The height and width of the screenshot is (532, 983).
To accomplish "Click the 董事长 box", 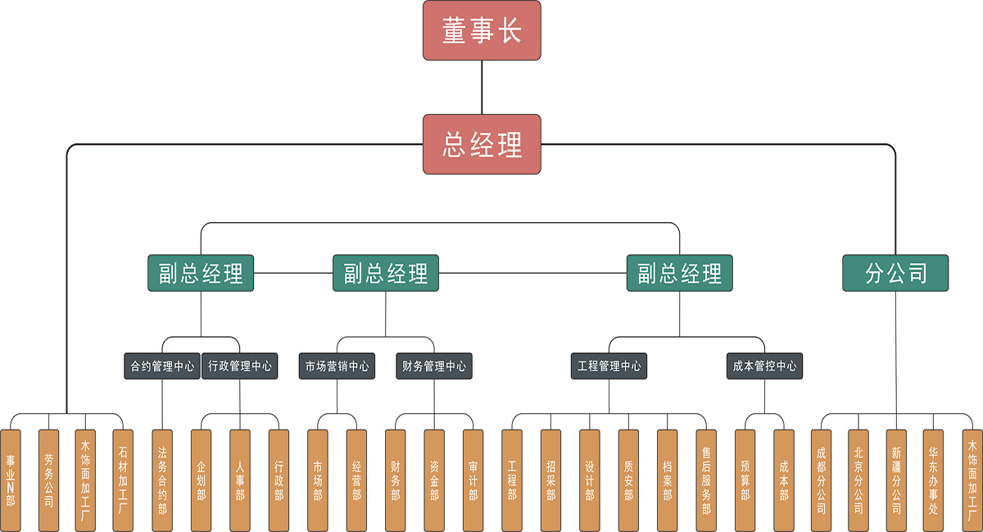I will click(x=482, y=30).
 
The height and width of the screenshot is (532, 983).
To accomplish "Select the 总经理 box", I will click(x=482, y=144).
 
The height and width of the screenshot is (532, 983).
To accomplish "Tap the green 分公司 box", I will click(x=895, y=273).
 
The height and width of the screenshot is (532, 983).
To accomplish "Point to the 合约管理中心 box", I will click(x=162, y=366).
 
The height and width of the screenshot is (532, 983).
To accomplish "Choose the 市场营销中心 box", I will click(x=337, y=366).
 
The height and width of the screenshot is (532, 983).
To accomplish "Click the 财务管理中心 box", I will click(x=433, y=366).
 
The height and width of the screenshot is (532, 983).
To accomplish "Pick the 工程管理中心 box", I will click(x=609, y=366).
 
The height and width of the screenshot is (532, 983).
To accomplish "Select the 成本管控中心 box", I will click(x=764, y=366).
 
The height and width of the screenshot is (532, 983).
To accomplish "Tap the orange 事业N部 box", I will click(x=11, y=480).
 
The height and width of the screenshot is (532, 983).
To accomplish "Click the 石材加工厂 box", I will click(x=123, y=480).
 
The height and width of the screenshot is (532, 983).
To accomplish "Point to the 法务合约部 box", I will click(x=162, y=480).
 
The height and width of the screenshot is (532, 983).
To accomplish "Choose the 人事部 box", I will click(x=240, y=480).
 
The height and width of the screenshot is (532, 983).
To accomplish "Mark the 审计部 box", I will click(x=473, y=480).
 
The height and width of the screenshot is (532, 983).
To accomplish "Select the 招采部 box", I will click(x=550, y=480).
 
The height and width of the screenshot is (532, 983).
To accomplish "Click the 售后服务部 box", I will click(x=706, y=480).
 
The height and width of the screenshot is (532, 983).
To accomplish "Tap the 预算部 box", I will click(x=745, y=480).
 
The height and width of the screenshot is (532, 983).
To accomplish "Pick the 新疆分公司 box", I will click(x=895, y=480).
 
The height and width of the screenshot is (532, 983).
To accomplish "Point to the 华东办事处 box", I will click(x=933, y=480).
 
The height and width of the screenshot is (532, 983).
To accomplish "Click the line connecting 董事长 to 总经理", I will click(x=482, y=87).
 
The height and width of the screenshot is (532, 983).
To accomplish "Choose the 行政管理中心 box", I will click(x=240, y=366).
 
